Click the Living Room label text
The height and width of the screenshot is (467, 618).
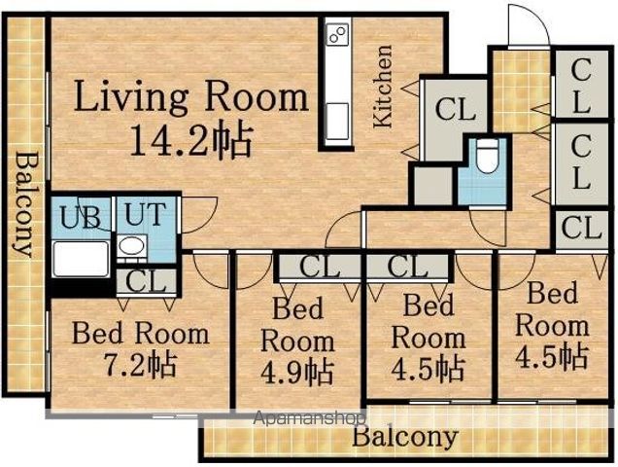(x=191, y=97)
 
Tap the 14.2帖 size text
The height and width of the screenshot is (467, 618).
(x=190, y=139)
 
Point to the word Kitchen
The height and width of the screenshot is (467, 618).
(x=383, y=87)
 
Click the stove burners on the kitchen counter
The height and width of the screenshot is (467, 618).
(x=338, y=33)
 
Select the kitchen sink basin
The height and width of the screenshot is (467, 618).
(x=338, y=121)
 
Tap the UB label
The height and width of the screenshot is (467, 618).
(x=81, y=216)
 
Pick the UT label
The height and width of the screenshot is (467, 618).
(x=145, y=214)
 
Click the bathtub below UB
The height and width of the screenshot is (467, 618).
(x=82, y=258)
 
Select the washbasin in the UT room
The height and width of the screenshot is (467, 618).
(x=131, y=246)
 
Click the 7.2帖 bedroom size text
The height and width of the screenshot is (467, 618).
(x=140, y=364)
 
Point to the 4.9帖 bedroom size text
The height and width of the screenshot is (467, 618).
(x=297, y=372)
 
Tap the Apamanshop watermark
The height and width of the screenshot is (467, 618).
(x=309, y=418)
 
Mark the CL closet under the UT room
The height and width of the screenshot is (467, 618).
(x=146, y=280)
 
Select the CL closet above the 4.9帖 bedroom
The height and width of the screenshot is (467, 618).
(x=320, y=267)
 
